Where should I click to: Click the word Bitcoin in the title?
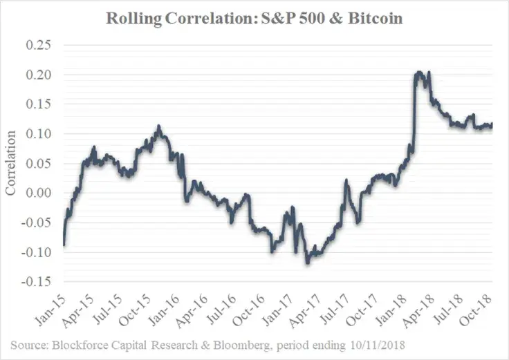(376, 18)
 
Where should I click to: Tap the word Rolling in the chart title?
(133, 19)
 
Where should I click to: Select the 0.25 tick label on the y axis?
(38, 45)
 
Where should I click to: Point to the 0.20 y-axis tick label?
(38, 75)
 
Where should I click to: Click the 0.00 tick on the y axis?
(38, 193)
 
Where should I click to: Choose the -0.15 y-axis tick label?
(37, 281)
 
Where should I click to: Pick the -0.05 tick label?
(37, 222)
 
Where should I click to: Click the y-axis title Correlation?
(10, 163)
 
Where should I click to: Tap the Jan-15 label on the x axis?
(50, 310)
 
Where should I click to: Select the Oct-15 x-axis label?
(135, 310)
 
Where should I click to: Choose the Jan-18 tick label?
(391, 310)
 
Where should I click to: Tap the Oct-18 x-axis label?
(476, 310)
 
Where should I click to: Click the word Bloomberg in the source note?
(241, 345)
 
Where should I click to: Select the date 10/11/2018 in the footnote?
(378, 345)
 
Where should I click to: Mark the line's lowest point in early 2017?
(308, 263)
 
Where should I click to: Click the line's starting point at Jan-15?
(64, 245)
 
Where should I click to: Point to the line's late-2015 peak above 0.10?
(159, 126)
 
